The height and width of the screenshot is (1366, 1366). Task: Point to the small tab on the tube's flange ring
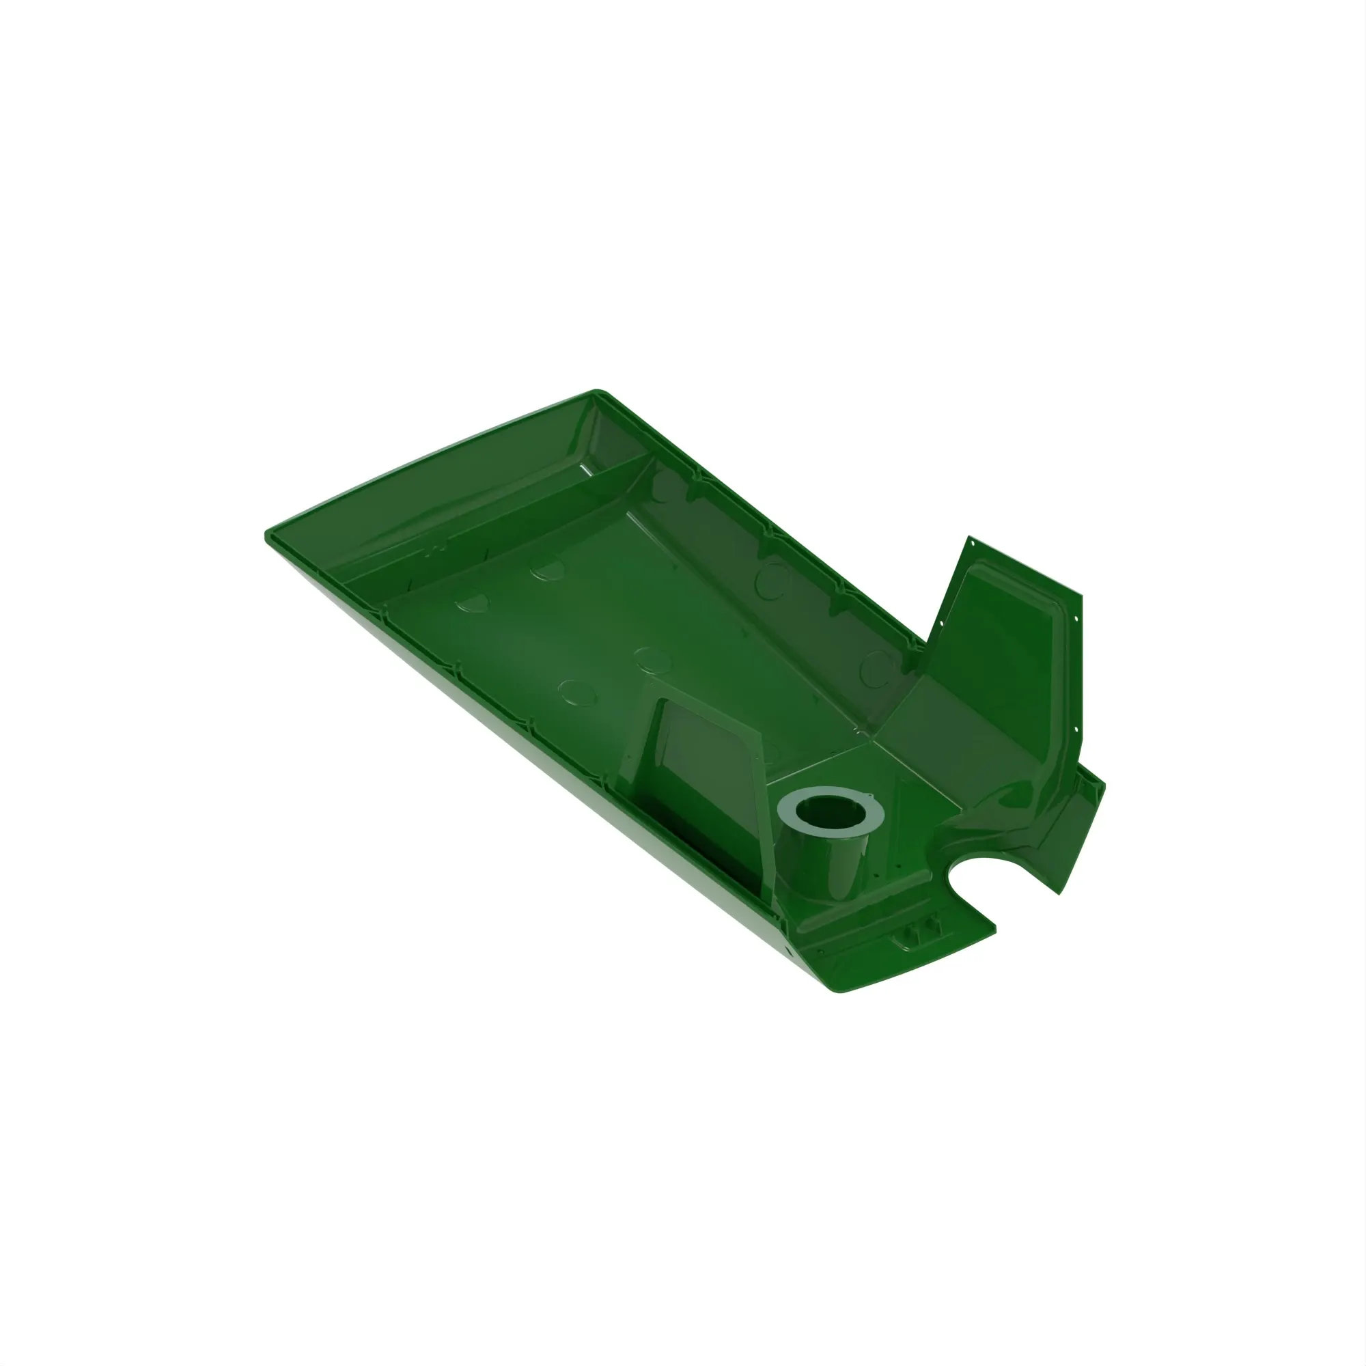click(869, 798)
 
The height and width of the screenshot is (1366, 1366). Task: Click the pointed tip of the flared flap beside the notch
click(1059, 893)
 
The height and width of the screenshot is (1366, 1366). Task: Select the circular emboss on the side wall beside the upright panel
click(877, 668)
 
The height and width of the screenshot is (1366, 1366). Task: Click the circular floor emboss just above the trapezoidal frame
click(652, 658)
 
